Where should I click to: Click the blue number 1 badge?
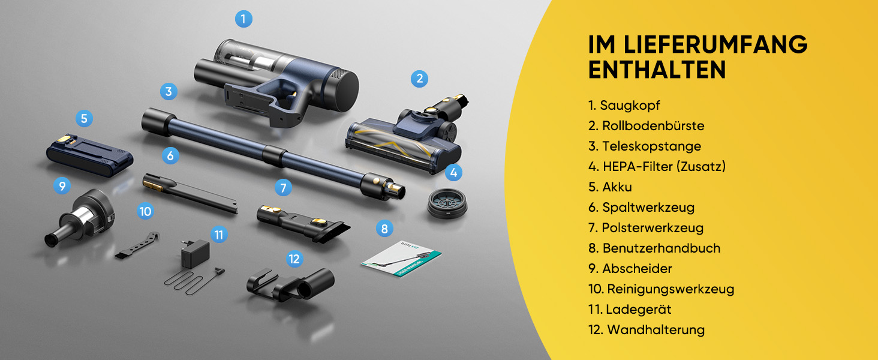click(x=243, y=19)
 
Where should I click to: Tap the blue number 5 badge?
click(x=84, y=118)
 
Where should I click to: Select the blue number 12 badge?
click(x=294, y=259)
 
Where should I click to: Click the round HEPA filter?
click(x=447, y=203)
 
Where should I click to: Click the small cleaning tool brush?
click(x=137, y=245)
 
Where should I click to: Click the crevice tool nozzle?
click(x=190, y=193)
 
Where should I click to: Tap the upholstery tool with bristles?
click(x=303, y=223)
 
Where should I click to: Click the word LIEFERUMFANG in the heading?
click(x=715, y=44)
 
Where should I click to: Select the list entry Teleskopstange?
click(x=645, y=146)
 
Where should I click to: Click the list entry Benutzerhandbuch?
click(x=654, y=248)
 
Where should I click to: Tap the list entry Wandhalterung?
click(x=647, y=329)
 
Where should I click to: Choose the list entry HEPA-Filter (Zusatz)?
click(x=657, y=166)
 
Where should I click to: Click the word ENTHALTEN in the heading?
click(x=657, y=70)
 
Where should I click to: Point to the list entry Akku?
click(x=611, y=187)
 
